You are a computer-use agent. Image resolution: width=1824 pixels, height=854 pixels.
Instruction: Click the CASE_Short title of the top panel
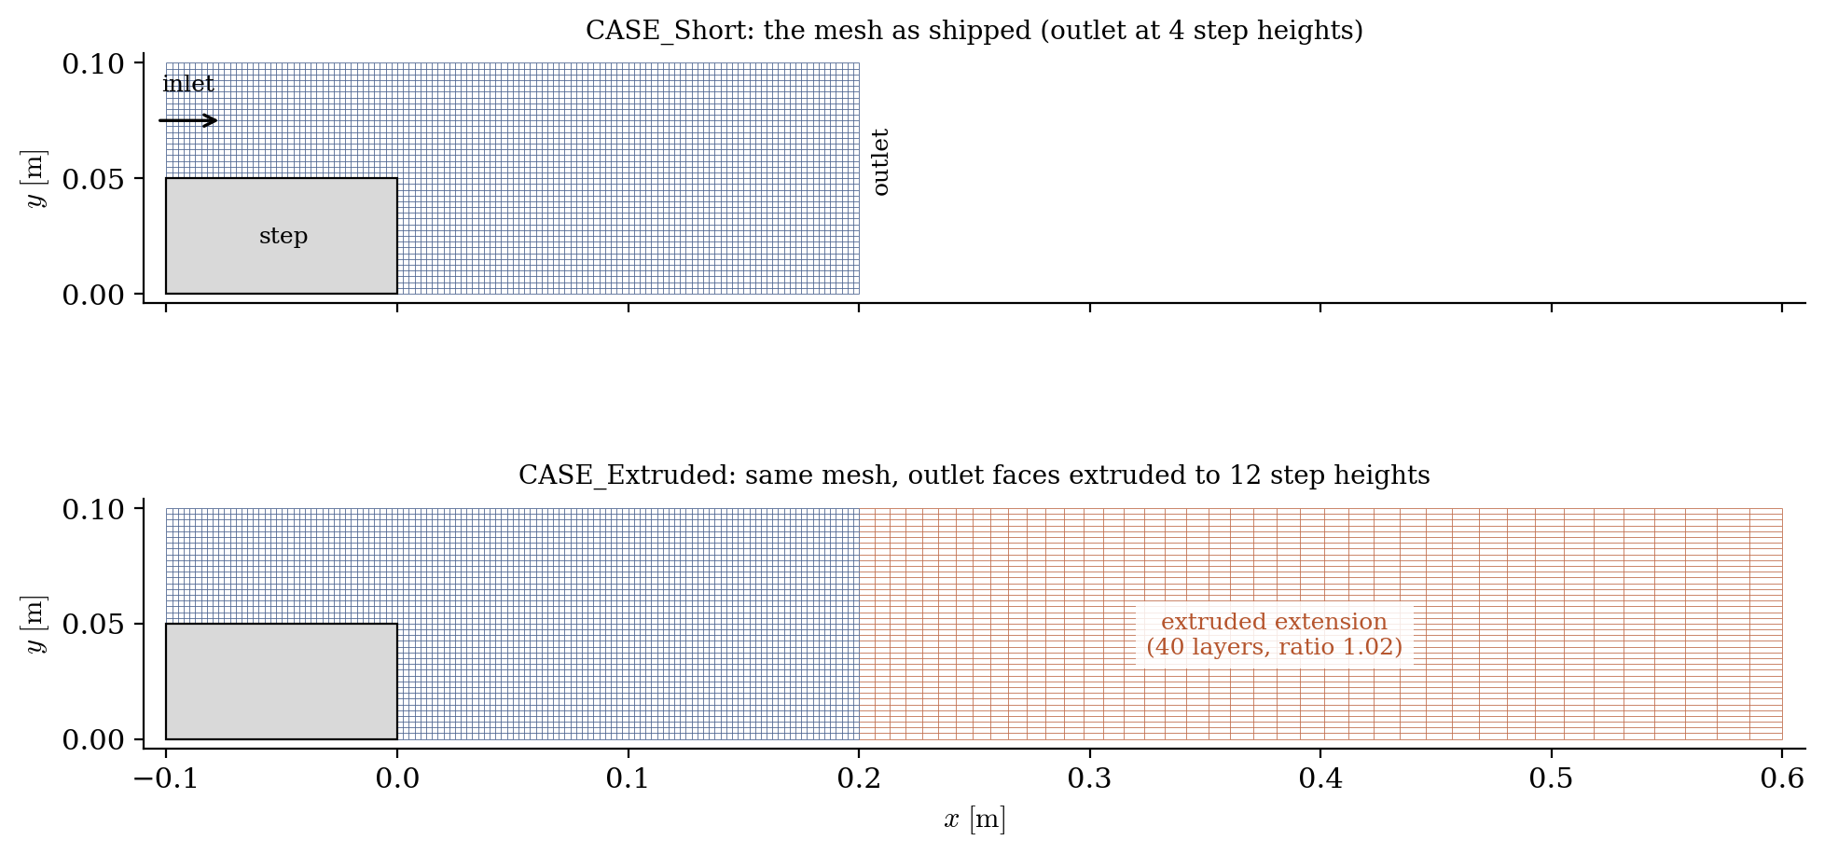click(x=974, y=31)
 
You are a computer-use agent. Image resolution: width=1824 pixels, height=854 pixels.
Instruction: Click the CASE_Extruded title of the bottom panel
click(x=974, y=475)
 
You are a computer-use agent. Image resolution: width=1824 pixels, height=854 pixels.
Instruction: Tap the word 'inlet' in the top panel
click(x=188, y=84)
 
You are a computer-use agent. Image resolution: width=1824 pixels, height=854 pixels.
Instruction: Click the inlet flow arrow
click(x=188, y=120)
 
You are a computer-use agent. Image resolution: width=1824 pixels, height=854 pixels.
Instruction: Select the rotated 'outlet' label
click(x=880, y=162)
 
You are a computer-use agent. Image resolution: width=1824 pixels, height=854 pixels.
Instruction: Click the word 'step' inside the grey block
click(x=283, y=236)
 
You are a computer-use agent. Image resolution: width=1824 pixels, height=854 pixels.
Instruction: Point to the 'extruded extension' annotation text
click(x=1275, y=622)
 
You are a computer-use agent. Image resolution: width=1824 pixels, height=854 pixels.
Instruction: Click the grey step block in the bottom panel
click(x=282, y=682)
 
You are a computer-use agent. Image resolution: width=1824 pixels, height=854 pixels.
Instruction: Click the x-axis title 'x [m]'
click(x=974, y=820)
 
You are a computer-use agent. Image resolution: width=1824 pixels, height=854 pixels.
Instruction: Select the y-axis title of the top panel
click(x=35, y=178)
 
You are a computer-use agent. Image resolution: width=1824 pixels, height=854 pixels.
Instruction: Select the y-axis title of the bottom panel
click(x=35, y=624)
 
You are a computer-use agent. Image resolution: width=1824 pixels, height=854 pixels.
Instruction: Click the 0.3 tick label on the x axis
click(x=1090, y=778)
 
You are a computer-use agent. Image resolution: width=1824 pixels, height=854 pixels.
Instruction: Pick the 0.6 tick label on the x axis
click(x=1782, y=778)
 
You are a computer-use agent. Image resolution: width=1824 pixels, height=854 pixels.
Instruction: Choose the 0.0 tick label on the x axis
click(x=397, y=778)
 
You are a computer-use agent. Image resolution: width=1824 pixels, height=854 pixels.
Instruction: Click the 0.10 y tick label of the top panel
click(x=93, y=63)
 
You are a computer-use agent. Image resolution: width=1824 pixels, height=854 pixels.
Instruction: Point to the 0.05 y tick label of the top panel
click(x=93, y=179)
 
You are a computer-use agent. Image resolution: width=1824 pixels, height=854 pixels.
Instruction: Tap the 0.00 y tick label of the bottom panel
click(x=93, y=740)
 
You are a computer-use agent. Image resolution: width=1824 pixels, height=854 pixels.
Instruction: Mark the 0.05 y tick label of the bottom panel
click(x=93, y=625)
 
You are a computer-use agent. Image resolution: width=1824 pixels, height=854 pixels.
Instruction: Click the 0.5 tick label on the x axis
click(x=1552, y=778)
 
